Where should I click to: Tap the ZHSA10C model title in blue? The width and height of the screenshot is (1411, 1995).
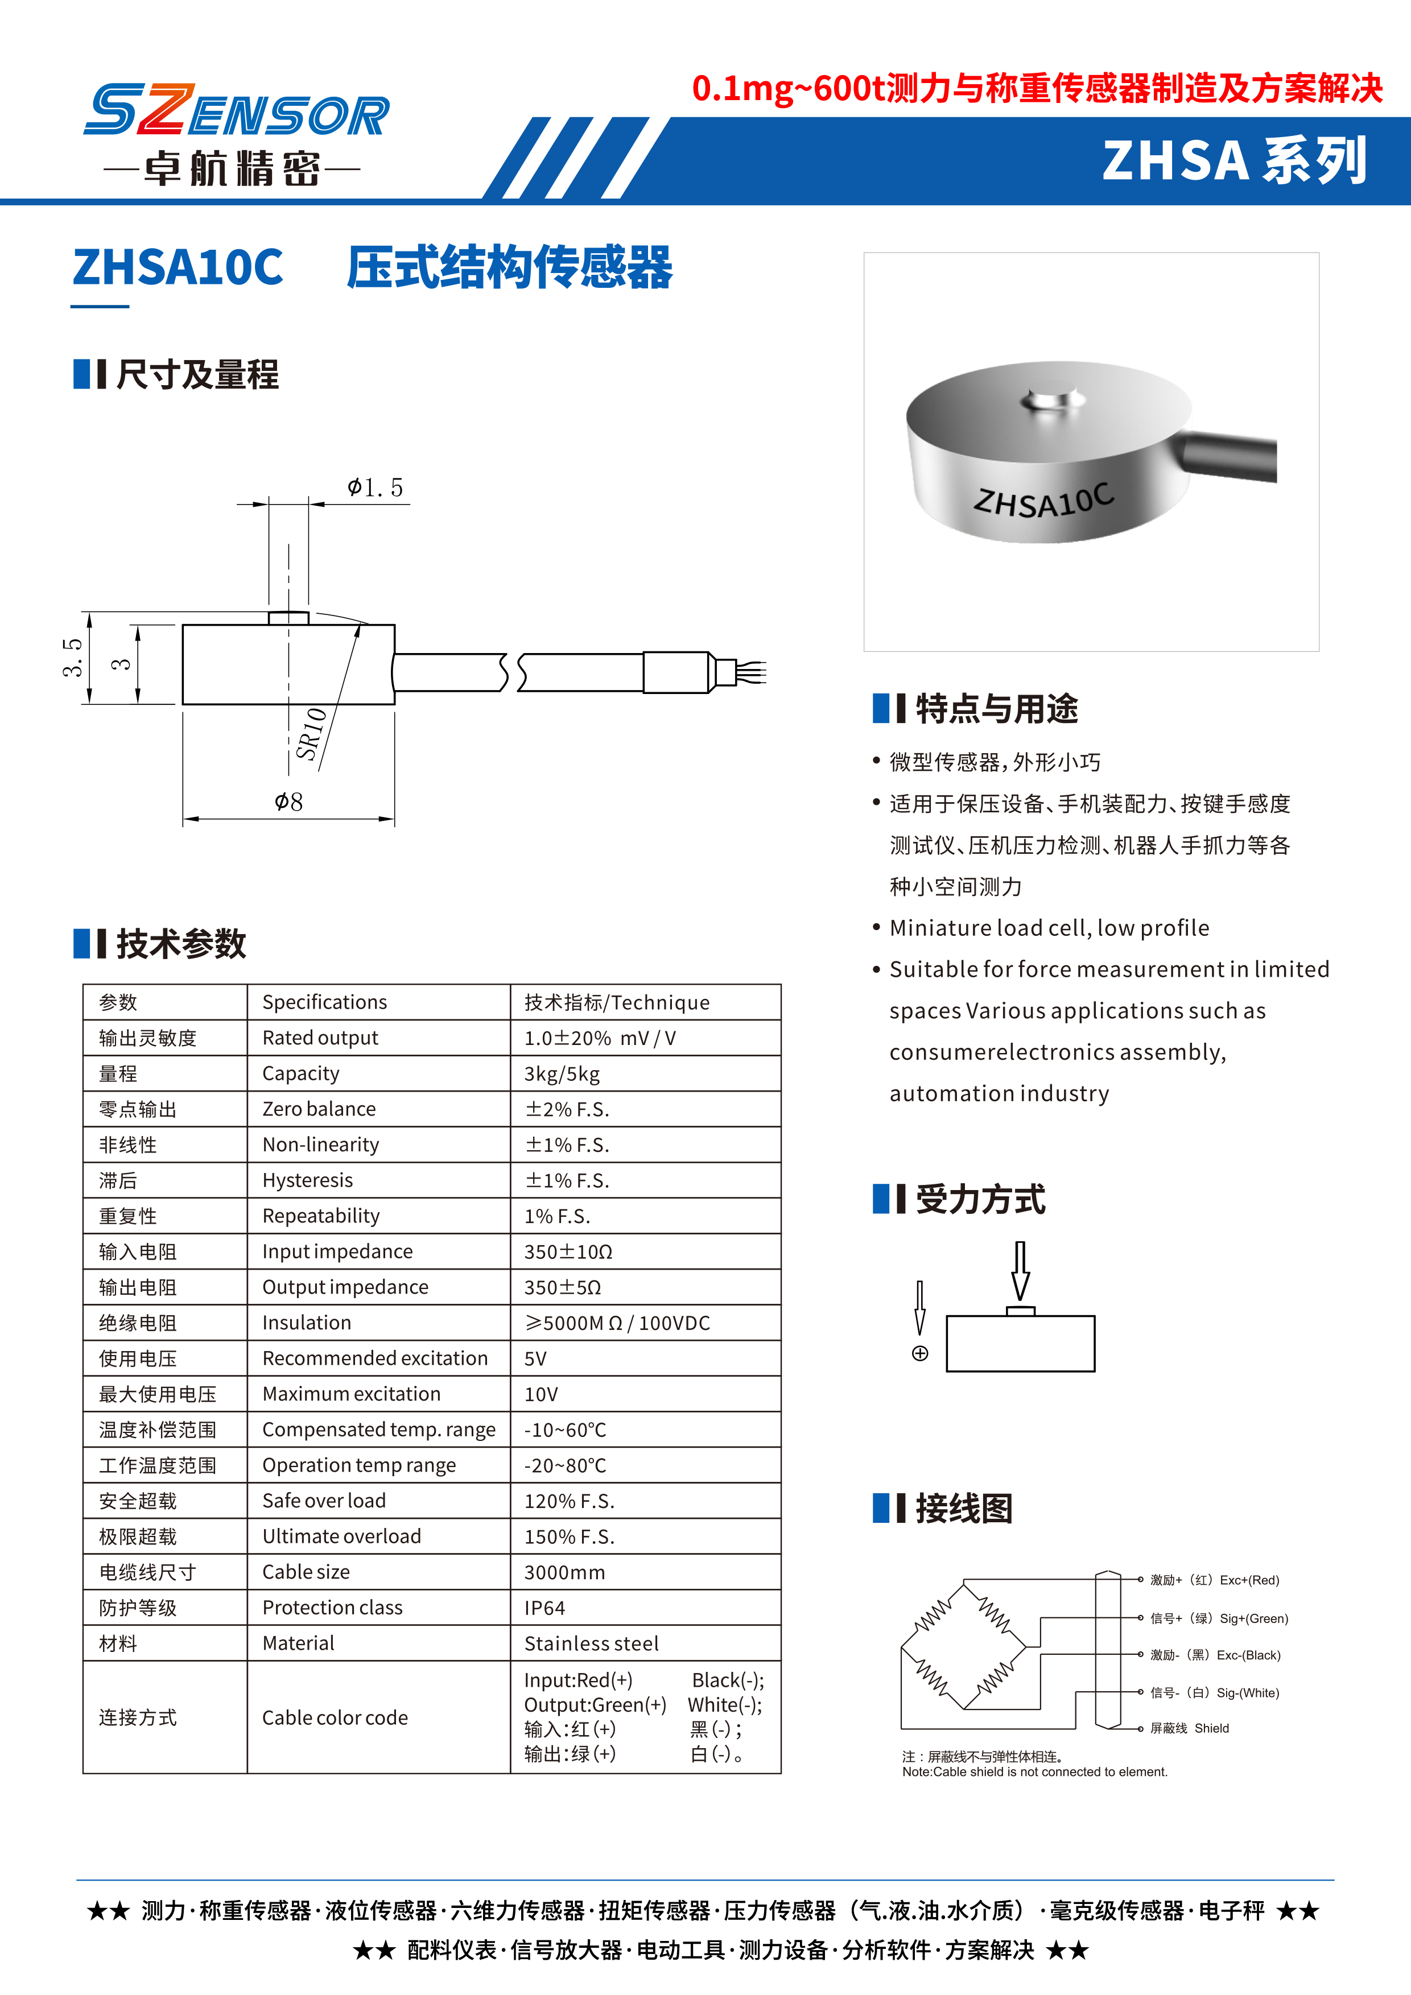point(178,267)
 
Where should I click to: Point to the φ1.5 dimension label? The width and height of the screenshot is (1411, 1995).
point(376,488)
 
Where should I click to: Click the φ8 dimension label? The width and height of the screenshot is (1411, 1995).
point(288,801)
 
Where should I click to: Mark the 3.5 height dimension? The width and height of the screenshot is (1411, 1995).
point(72,657)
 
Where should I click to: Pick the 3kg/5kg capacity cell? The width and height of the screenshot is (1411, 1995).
point(562,1074)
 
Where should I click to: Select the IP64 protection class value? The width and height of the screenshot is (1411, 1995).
point(544,1608)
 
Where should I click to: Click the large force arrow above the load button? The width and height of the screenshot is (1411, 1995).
point(1021,1270)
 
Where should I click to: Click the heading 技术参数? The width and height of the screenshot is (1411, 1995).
point(181,944)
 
